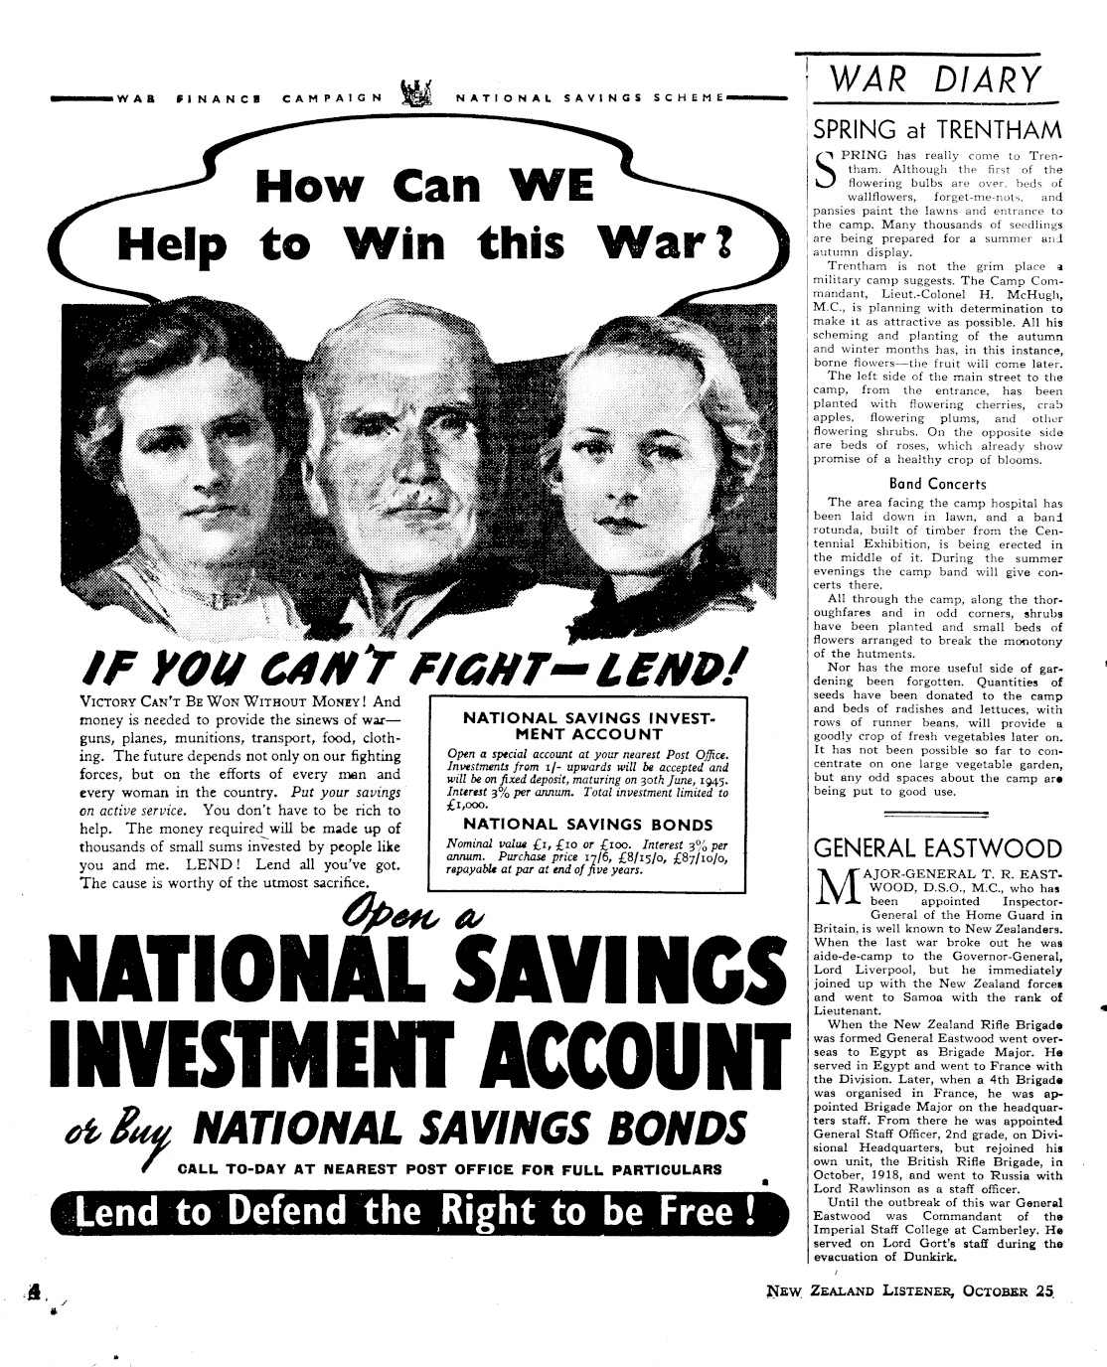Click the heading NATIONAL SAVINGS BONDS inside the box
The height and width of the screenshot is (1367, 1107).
(x=588, y=825)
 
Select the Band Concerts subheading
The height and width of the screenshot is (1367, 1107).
(x=937, y=484)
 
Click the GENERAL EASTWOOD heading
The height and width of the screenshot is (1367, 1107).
(x=937, y=848)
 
